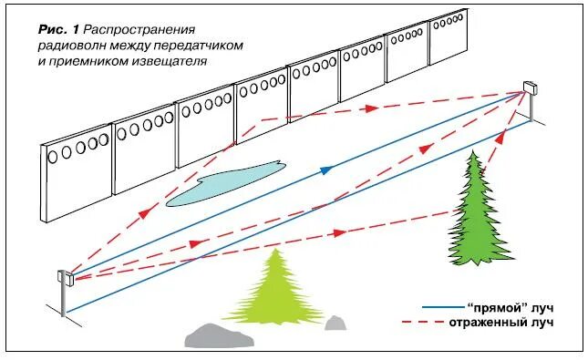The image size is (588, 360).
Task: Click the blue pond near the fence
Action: coord(223,181)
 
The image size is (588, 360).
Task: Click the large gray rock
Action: coord(219,334)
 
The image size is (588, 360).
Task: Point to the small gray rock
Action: coord(335,323)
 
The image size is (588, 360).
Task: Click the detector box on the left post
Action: coord(64,277)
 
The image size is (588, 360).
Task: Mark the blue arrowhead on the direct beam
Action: coord(326,170)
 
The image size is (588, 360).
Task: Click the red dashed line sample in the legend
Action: coord(429,324)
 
